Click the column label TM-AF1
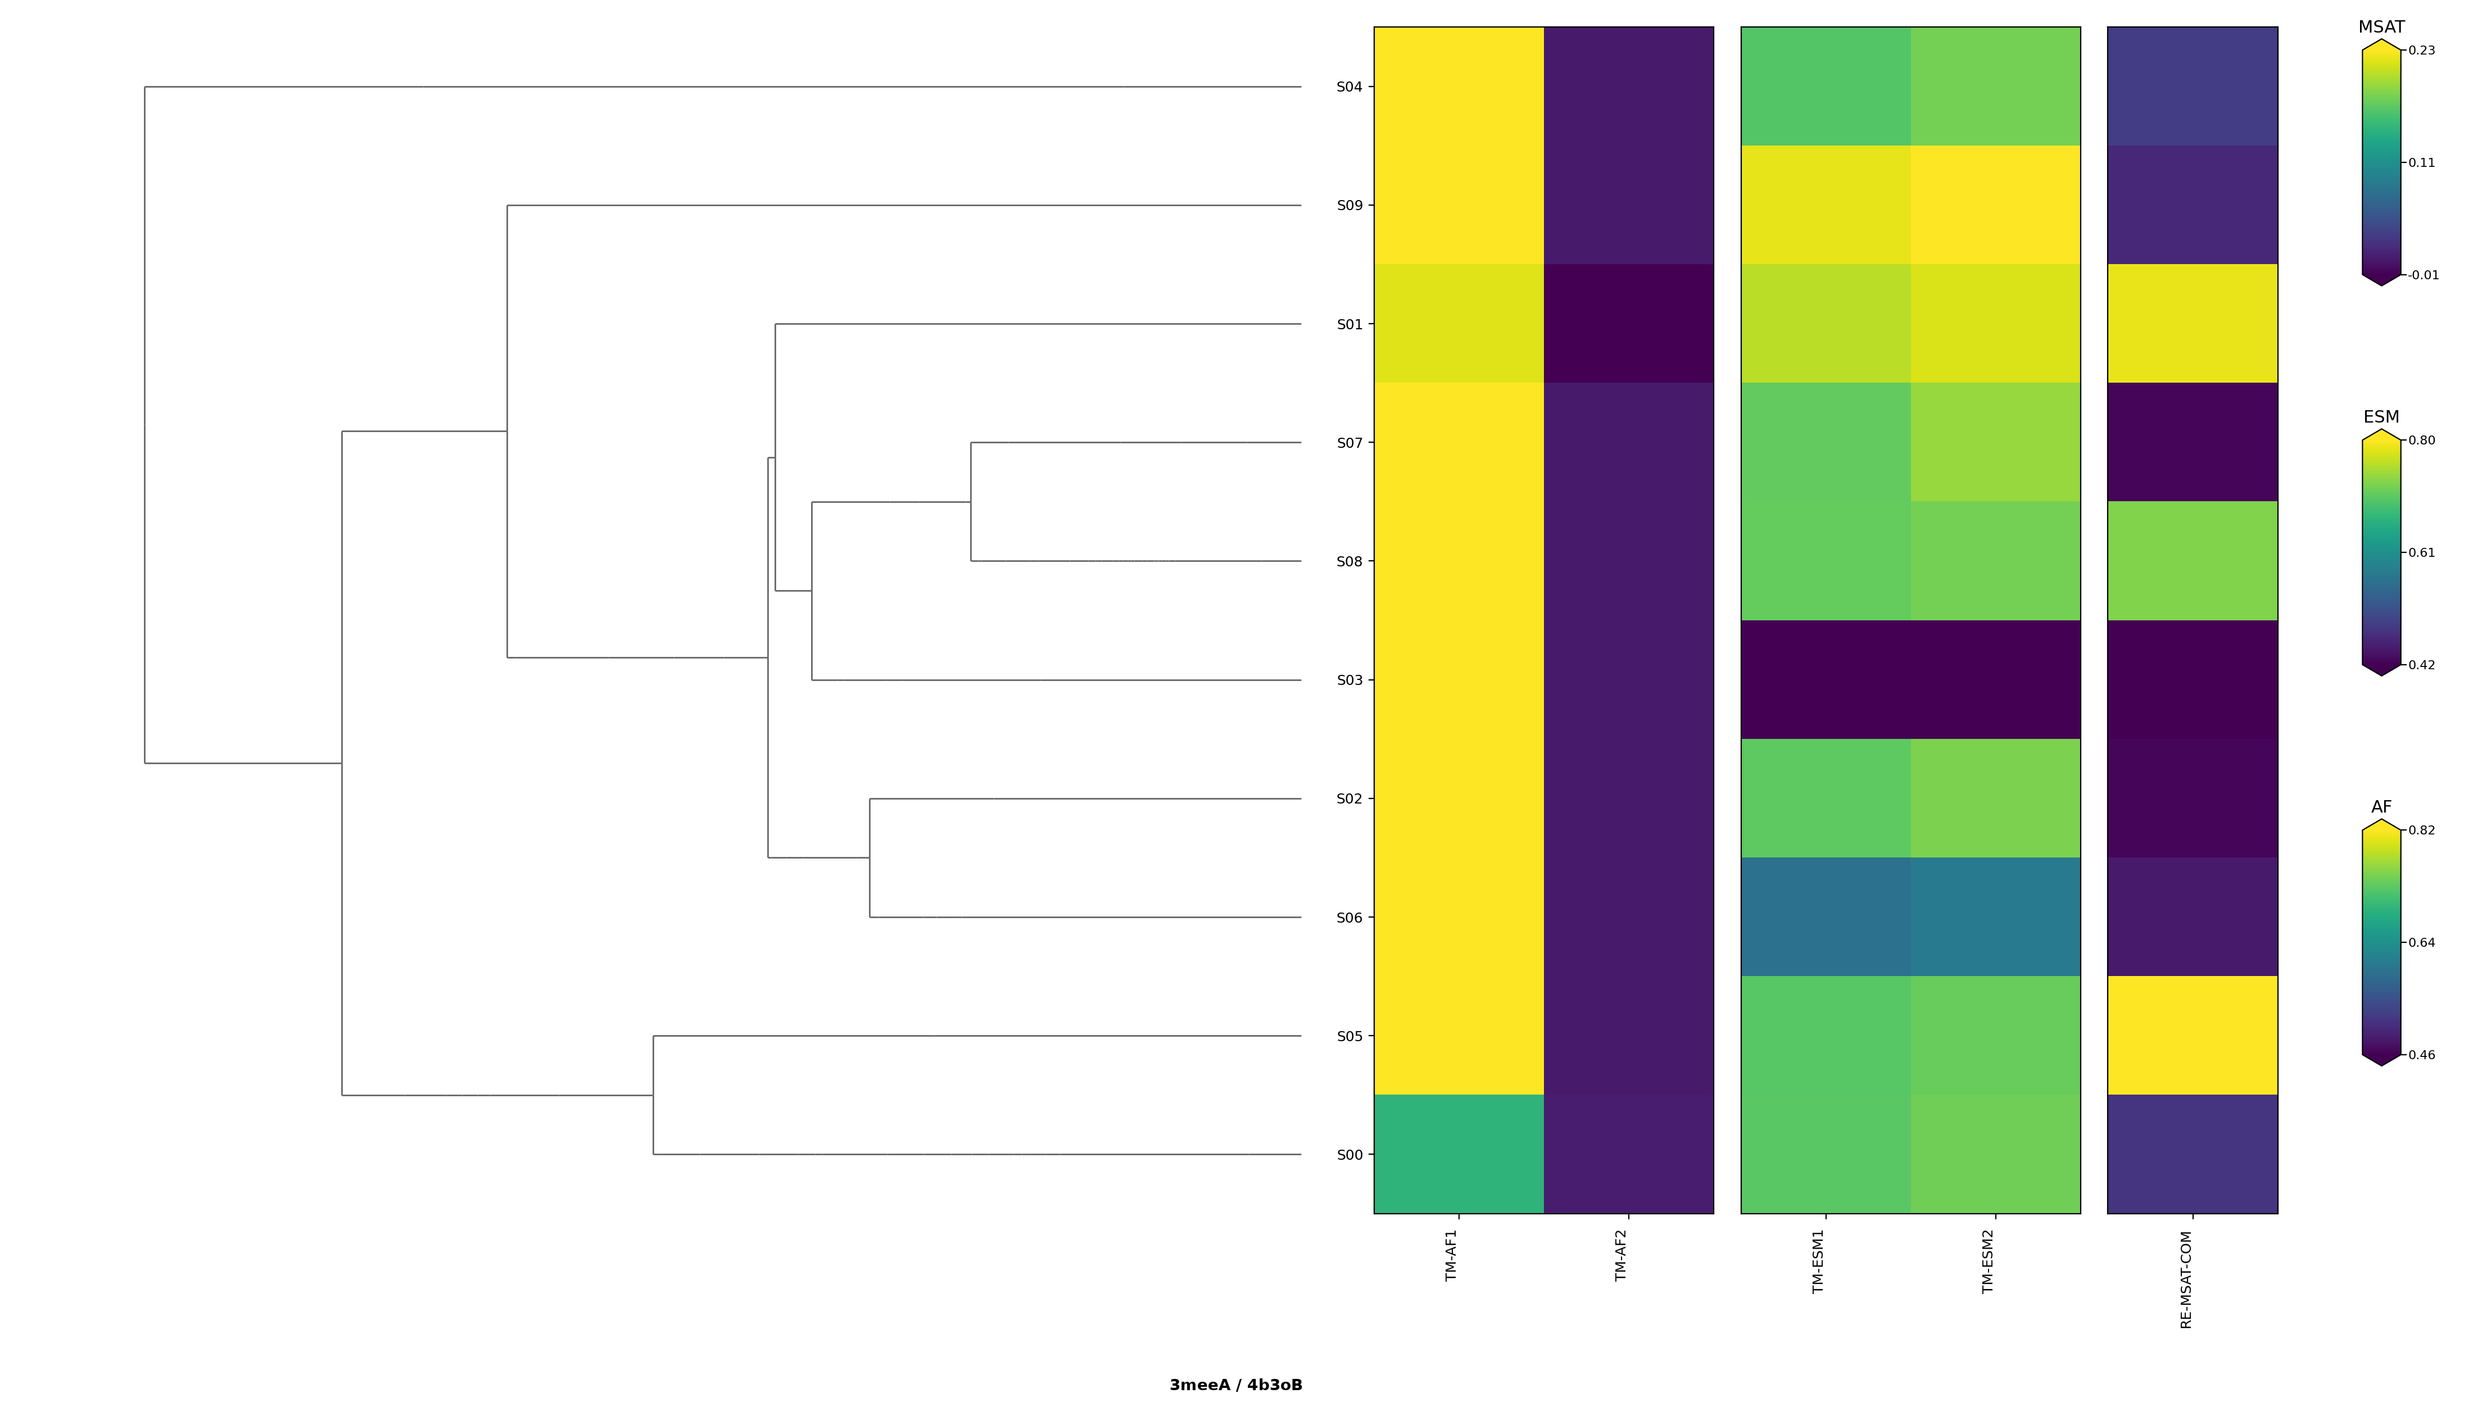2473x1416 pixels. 1452,1255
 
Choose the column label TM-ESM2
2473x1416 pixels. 1989,1261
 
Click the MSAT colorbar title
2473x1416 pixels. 2381,27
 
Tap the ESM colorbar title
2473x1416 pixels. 2381,417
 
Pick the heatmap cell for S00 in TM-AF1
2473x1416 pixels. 1459,1154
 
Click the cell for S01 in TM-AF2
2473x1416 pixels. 1629,324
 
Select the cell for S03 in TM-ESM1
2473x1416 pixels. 1826,680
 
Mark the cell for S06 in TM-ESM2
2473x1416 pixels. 1995,917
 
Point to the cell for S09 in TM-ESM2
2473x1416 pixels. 1995,205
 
